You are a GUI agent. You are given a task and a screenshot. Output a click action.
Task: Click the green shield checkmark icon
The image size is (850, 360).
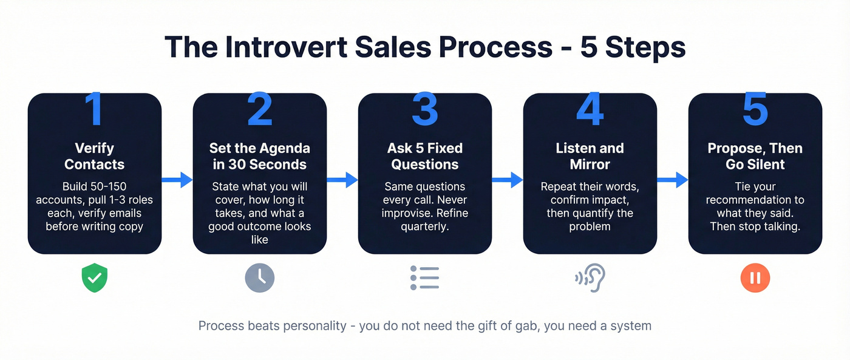click(94, 279)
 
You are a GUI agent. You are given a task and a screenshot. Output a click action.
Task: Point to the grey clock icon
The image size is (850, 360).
click(260, 279)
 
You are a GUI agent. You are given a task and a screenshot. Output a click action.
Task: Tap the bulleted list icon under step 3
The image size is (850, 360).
click(424, 278)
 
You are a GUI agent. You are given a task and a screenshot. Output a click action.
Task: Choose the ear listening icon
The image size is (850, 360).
click(590, 278)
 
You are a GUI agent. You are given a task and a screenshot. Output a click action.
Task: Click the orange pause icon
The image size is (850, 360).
click(755, 279)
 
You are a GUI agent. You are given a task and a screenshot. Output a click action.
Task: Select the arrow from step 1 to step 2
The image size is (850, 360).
click(177, 180)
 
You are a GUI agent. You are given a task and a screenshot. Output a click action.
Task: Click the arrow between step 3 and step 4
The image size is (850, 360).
click(508, 180)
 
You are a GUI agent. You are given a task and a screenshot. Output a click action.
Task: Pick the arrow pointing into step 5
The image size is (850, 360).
click(673, 180)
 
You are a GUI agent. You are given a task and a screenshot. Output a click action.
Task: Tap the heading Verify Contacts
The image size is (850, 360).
click(94, 156)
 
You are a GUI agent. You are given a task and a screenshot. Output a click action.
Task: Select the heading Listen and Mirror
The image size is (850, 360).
click(590, 156)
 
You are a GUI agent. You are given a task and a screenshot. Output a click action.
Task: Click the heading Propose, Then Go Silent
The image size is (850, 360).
click(755, 156)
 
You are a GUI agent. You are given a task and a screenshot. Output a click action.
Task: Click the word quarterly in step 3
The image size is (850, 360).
click(424, 227)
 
